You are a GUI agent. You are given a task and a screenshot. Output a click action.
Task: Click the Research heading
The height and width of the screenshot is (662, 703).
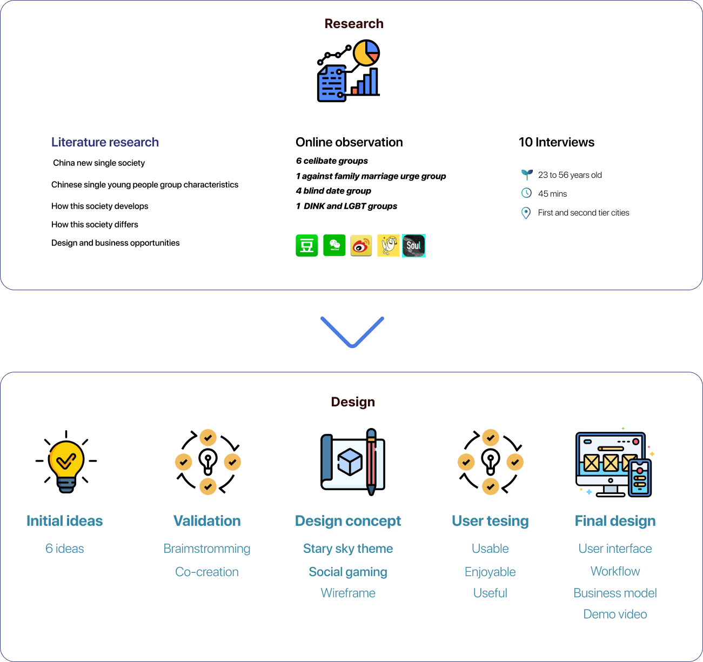[354, 24]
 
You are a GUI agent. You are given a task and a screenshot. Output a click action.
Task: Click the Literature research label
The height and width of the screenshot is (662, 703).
[105, 142]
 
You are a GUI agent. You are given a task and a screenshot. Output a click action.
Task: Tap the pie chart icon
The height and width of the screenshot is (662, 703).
[366, 53]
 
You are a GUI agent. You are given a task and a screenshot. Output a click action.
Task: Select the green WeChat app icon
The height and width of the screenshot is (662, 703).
[334, 245]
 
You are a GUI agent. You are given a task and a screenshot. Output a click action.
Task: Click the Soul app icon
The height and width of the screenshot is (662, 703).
[414, 246]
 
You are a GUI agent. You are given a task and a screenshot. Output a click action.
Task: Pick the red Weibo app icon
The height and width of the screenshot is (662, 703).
[361, 245]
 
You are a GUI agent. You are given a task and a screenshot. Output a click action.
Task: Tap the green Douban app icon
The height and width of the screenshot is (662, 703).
[307, 245]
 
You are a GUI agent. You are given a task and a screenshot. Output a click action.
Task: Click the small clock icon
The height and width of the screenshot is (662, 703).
[526, 193]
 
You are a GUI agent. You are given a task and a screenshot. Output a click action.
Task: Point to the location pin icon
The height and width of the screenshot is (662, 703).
[526, 213]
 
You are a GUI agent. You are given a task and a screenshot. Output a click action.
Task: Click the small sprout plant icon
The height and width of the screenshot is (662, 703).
[527, 174]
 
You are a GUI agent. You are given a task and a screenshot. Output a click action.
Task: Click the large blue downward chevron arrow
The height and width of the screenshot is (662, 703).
[352, 331]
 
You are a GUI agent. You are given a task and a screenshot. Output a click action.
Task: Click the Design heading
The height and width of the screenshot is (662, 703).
[353, 402]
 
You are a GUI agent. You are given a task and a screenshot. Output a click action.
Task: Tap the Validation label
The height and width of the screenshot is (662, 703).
[207, 521]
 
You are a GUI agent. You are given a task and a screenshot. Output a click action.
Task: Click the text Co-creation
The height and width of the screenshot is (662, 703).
[207, 572]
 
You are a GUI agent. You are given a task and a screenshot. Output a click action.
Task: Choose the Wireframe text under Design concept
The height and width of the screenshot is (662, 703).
[348, 593]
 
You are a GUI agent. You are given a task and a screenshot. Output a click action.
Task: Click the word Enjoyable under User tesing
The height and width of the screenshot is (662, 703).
[490, 572]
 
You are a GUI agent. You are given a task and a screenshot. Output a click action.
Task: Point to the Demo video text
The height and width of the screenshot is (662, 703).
[615, 614]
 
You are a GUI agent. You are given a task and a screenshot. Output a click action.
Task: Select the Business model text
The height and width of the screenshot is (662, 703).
[615, 593]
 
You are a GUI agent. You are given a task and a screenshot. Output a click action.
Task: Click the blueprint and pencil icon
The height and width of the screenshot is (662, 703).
[353, 462]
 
